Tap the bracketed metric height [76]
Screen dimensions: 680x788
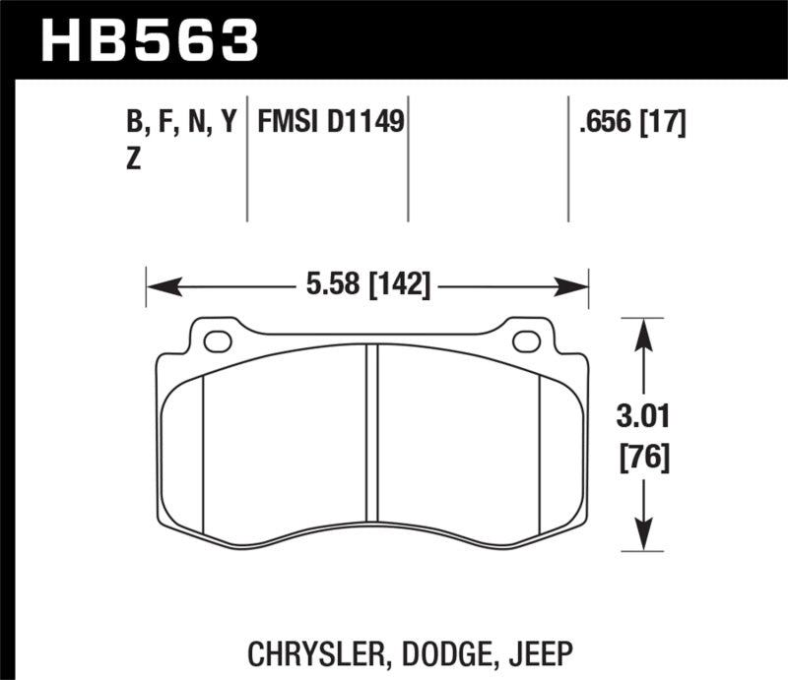coord(643,458)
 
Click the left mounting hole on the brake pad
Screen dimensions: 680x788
coord(218,341)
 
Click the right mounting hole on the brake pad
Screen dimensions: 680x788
coord(527,341)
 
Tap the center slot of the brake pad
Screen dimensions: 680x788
coord(371,433)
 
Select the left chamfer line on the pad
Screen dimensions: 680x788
coord(202,453)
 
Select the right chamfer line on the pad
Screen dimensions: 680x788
coord(541,453)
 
